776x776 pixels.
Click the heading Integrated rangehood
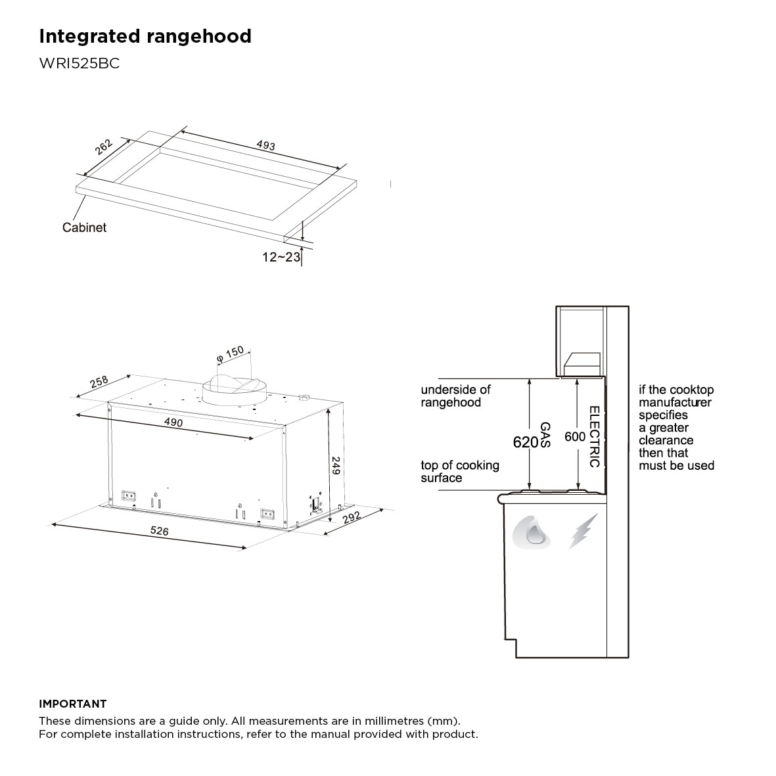pos(145,37)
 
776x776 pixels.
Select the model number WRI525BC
pos(80,63)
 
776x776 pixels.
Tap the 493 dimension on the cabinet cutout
pos(265,145)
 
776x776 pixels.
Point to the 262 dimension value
pos(103,147)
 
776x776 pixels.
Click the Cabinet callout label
pos(84,227)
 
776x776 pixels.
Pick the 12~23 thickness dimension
pos(281,257)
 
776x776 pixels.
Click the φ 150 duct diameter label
pos(230,354)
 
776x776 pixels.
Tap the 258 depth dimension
pos(99,382)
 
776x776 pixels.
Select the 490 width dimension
pos(173,422)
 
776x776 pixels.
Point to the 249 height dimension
pos(336,466)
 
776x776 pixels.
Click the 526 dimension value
pos(160,530)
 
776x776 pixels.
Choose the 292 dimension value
pos(352,517)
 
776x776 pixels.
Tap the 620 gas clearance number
pos(525,442)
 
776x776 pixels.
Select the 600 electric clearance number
pos(575,436)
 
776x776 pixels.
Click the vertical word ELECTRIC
pos(595,436)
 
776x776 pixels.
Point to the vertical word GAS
pos(545,434)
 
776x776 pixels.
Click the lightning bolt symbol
pos(583,532)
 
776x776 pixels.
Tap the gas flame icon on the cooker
pos(532,532)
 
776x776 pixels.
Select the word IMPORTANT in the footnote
pos(73,704)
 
